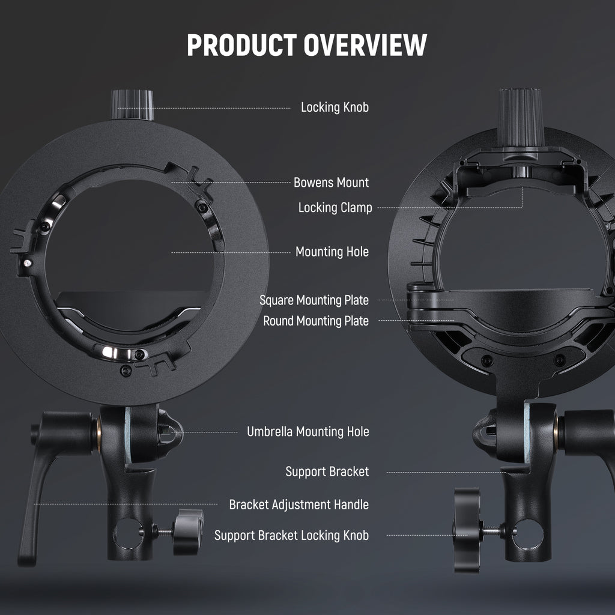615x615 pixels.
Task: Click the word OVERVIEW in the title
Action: pyautogui.click(x=365, y=44)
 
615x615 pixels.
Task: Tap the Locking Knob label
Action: pyautogui.click(x=335, y=108)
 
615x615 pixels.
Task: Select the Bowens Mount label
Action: pyautogui.click(x=331, y=183)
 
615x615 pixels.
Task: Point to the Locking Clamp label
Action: pyautogui.click(x=335, y=208)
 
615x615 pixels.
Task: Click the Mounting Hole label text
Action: pyautogui.click(x=332, y=252)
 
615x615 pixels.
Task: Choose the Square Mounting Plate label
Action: pyautogui.click(x=314, y=300)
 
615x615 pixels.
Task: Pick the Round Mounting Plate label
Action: pyautogui.click(x=316, y=321)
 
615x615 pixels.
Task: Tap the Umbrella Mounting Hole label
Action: pyautogui.click(x=308, y=432)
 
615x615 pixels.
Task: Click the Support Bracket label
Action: pyautogui.click(x=327, y=472)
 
